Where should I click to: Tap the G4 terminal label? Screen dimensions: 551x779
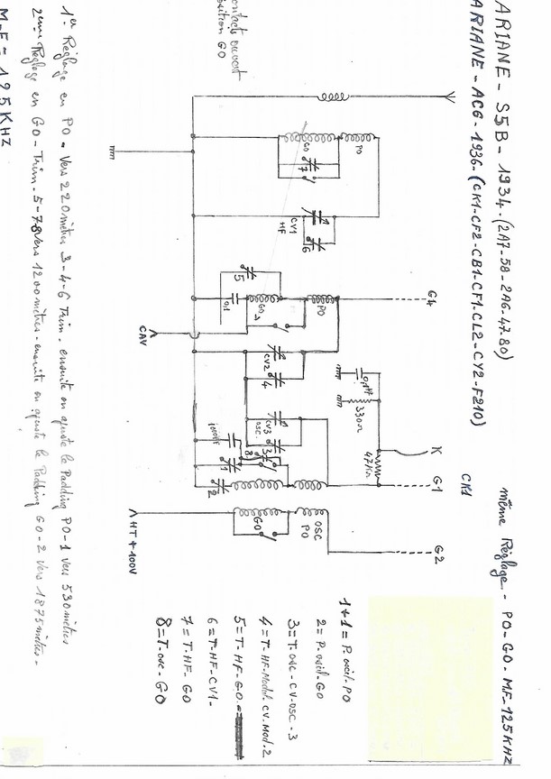436,298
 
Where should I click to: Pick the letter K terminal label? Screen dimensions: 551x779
436,451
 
